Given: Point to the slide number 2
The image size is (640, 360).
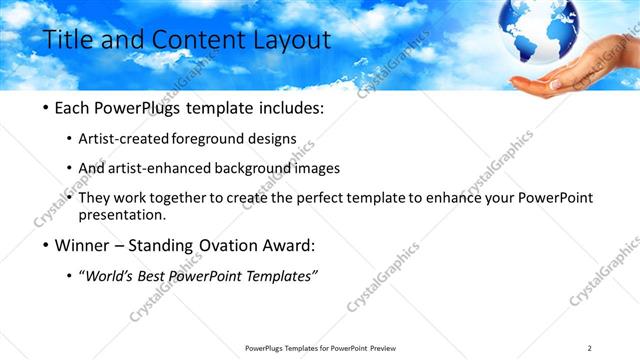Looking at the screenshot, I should (x=590, y=347).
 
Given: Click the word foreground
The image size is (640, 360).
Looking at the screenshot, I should (x=211, y=138).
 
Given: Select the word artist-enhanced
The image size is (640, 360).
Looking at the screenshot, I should (x=162, y=168).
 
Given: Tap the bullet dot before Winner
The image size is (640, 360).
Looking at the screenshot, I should (x=49, y=245).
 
